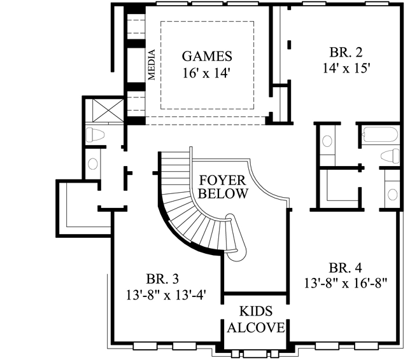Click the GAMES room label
207,55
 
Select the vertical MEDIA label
152,64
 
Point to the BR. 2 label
346,52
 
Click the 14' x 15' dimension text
346,68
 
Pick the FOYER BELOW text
222,186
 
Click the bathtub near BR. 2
381,135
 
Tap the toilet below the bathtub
388,156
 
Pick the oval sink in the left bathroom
93,163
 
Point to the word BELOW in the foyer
223,194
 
